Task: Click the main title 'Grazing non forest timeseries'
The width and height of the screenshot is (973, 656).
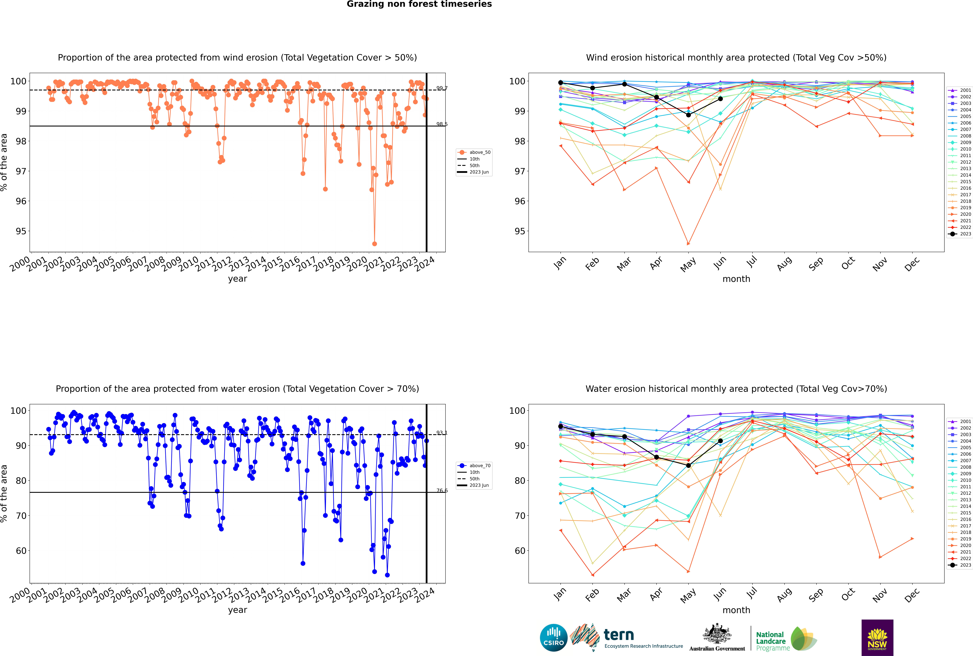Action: [x=419, y=4]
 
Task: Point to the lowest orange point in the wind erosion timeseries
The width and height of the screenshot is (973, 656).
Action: [x=374, y=243]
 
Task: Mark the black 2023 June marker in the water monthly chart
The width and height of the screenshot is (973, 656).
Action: [x=720, y=441]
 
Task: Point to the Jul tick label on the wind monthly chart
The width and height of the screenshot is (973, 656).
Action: [x=752, y=262]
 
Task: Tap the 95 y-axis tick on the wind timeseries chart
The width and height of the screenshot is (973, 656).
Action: [x=20, y=231]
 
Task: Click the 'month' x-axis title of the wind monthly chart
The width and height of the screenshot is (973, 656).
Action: [x=736, y=279]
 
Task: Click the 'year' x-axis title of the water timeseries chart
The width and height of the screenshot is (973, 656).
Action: [x=238, y=610]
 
